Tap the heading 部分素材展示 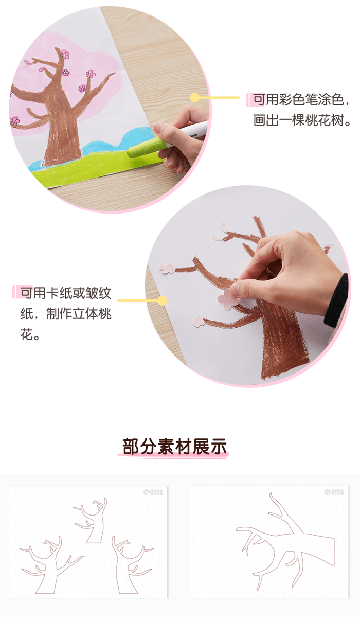tap(175, 446)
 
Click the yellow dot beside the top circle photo tap(195, 98)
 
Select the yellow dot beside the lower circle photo tap(163, 300)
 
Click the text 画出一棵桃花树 tap(302, 122)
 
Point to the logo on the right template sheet tap(334, 492)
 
